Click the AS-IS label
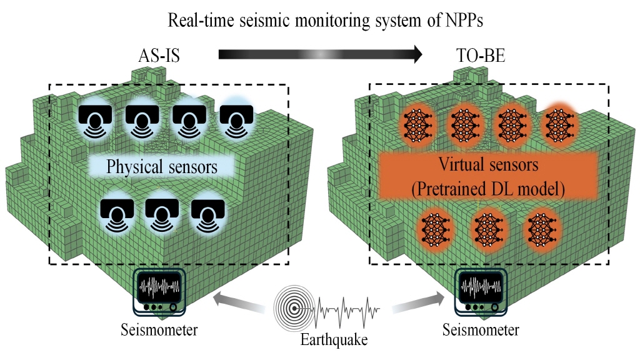159,56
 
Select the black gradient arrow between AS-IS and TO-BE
319,54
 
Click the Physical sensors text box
162,167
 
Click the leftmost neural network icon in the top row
414,122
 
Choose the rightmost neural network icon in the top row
558,122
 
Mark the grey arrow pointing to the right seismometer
412,304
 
